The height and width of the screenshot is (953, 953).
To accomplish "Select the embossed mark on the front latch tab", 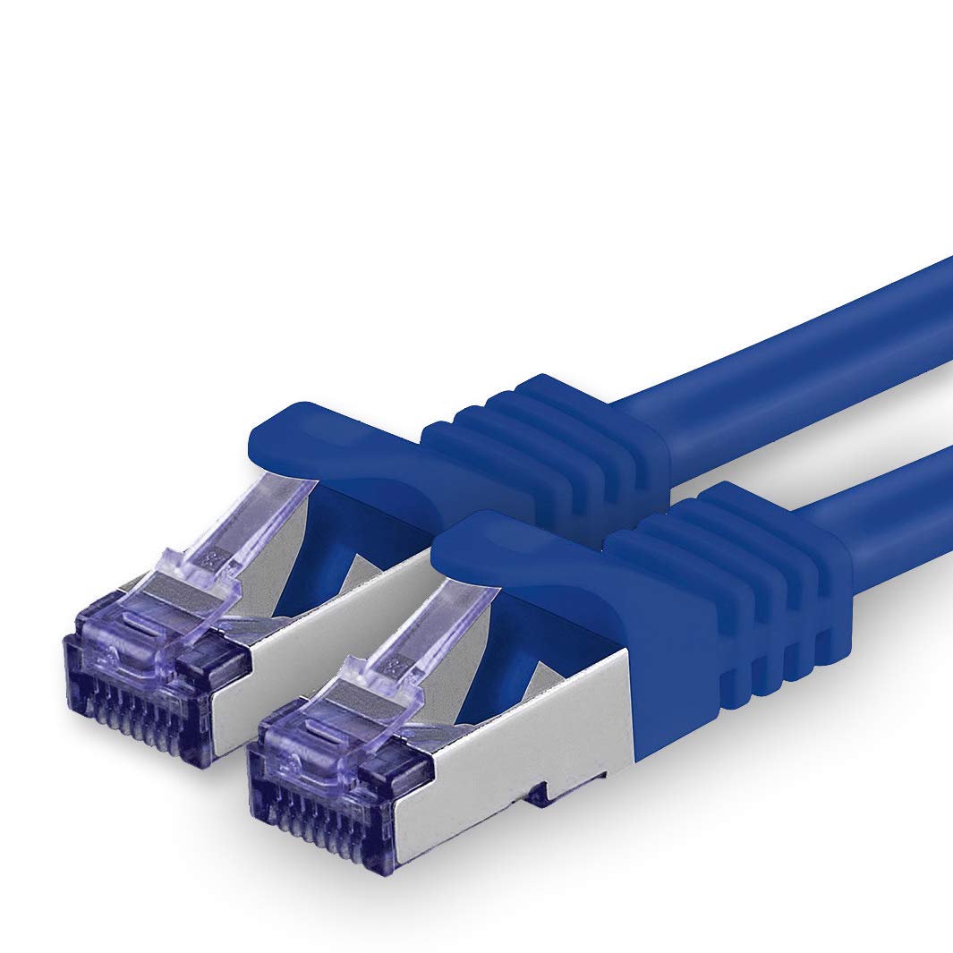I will pyautogui.click(x=390, y=667).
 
